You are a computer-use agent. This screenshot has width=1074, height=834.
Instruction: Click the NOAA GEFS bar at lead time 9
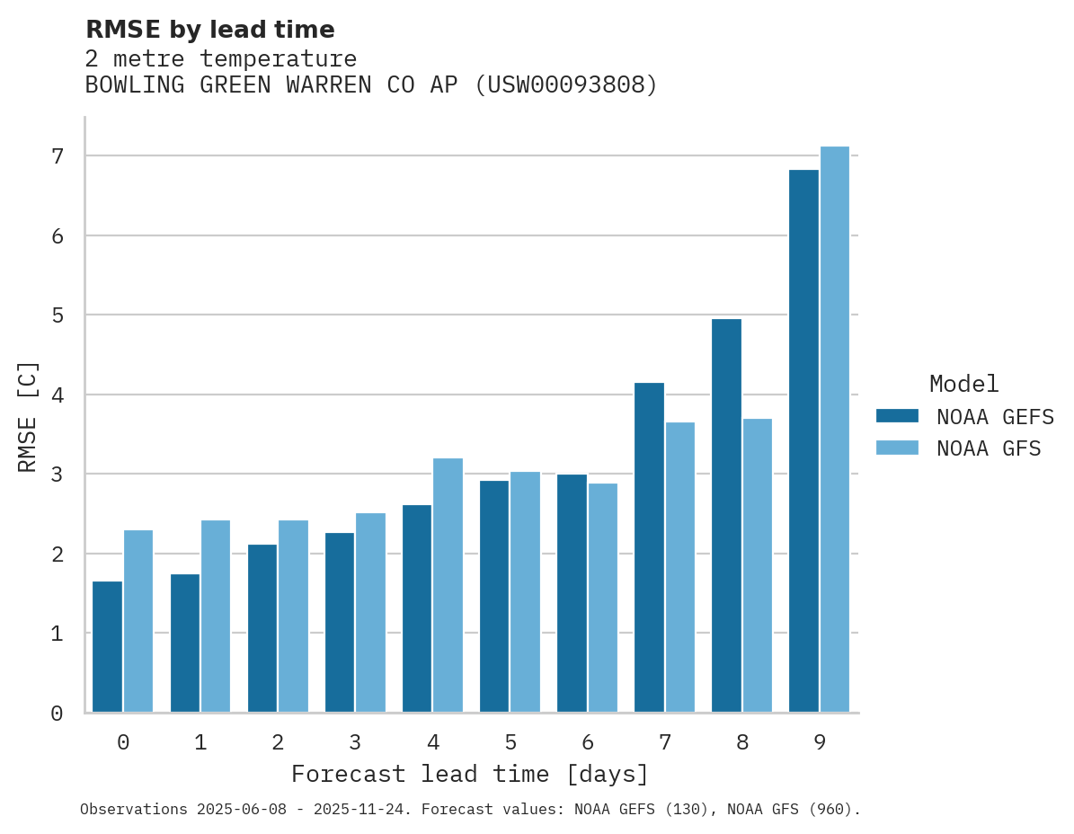(x=804, y=440)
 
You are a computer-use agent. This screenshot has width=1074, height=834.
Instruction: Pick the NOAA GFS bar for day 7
(x=680, y=566)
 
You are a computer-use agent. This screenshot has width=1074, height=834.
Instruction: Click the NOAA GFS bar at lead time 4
(x=448, y=585)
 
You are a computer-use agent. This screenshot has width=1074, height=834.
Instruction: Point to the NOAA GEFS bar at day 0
(x=108, y=646)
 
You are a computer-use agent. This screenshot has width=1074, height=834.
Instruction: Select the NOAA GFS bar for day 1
(x=216, y=616)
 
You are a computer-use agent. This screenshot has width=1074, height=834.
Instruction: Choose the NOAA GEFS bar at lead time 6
(x=572, y=593)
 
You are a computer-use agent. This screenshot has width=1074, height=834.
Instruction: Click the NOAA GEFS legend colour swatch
(x=897, y=415)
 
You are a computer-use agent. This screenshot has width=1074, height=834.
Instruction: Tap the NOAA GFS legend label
(x=989, y=448)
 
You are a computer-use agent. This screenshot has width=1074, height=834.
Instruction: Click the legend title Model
(x=963, y=384)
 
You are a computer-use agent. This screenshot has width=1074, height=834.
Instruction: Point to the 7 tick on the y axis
(x=58, y=156)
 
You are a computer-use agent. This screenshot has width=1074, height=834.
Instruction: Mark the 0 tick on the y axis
(x=58, y=713)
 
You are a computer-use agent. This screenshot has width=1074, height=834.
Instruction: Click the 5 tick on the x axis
(x=510, y=742)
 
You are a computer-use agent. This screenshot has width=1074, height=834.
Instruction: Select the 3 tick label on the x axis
(x=356, y=742)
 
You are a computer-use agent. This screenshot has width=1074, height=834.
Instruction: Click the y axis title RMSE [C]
(x=28, y=416)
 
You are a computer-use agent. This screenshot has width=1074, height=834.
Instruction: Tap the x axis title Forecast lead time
(x=469, y=774)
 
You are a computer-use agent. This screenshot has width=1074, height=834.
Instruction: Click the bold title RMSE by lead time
(x=209, y=30)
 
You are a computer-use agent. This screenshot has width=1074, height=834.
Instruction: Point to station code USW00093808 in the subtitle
(x=566, y=85)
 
